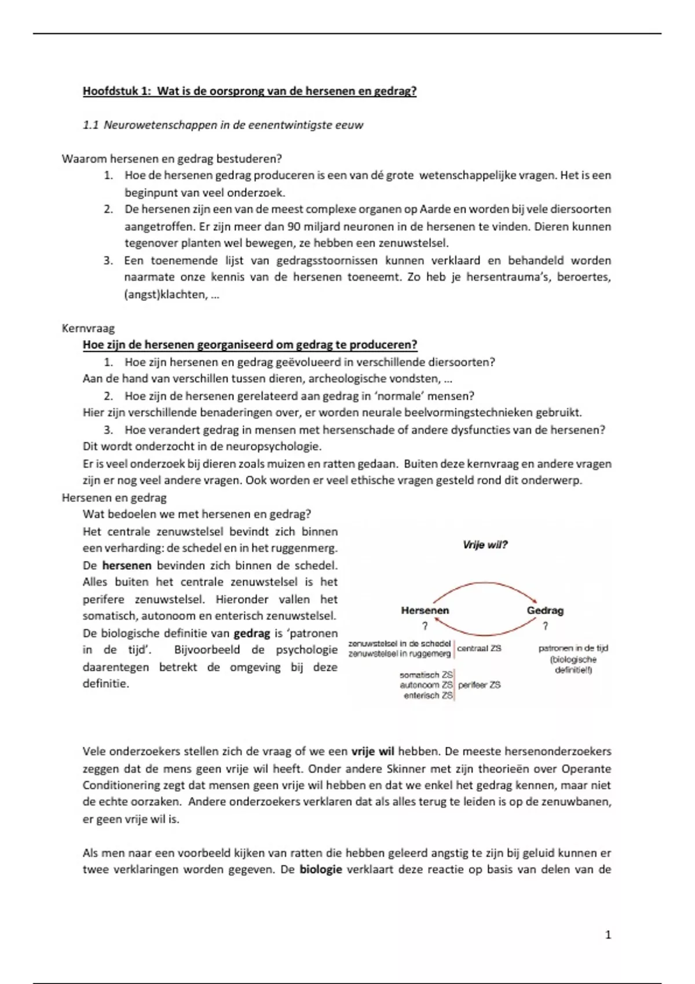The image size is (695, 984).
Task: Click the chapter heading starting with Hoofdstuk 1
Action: coord(249,91)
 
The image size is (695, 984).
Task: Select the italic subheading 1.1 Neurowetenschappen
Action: coord(223,125)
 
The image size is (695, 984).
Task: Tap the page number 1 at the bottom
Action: coord(608,935)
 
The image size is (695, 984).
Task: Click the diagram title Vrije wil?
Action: coord(485,545)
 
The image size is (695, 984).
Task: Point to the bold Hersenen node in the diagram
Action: coord(425,610)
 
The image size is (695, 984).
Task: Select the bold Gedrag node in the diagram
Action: coord(544,610)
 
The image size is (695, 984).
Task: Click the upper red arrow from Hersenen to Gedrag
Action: coord(485,583)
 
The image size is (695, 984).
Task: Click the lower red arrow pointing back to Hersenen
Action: coord(485,634)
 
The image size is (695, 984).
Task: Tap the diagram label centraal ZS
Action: coord(479,648)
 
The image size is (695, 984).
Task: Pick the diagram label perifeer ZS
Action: coord(479,685)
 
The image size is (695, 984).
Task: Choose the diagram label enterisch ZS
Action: coord(428,695)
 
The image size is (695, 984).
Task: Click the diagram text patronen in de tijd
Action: coord(573,648)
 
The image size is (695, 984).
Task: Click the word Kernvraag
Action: coord(88,328)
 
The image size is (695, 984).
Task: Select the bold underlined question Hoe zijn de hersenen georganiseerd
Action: coord(250,345)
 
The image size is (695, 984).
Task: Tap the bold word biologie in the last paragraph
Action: coord(320,869)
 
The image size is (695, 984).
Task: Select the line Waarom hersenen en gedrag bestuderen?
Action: coord(171,159)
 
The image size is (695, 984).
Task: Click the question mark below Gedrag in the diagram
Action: coord(545,626)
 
